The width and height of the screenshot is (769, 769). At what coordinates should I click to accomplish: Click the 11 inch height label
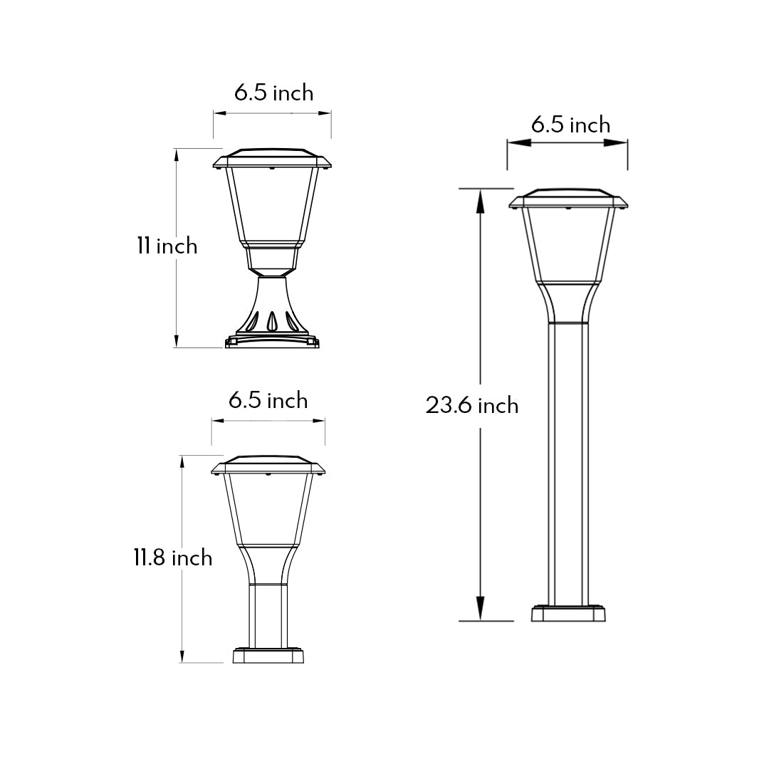(x=167, y=246)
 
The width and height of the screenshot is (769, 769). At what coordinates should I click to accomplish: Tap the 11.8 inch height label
(x=172, y=557)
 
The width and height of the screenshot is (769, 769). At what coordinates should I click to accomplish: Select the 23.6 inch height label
(x=472, y=405)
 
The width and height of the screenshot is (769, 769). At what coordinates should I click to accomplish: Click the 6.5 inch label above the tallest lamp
(x=570, y=125)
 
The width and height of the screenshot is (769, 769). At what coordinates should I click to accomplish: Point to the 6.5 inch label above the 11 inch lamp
(x=273, y=93)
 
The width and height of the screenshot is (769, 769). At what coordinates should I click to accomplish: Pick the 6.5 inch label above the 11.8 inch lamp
(x=268, y=400)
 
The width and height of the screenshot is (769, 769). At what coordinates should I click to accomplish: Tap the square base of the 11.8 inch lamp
(x=269, y=656)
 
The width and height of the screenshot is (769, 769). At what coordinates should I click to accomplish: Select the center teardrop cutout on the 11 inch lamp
(x=271, y=323)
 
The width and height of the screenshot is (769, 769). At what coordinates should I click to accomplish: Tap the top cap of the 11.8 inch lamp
(x=268, y=464)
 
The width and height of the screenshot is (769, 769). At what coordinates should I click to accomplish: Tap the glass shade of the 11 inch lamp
(x=271, y=206)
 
